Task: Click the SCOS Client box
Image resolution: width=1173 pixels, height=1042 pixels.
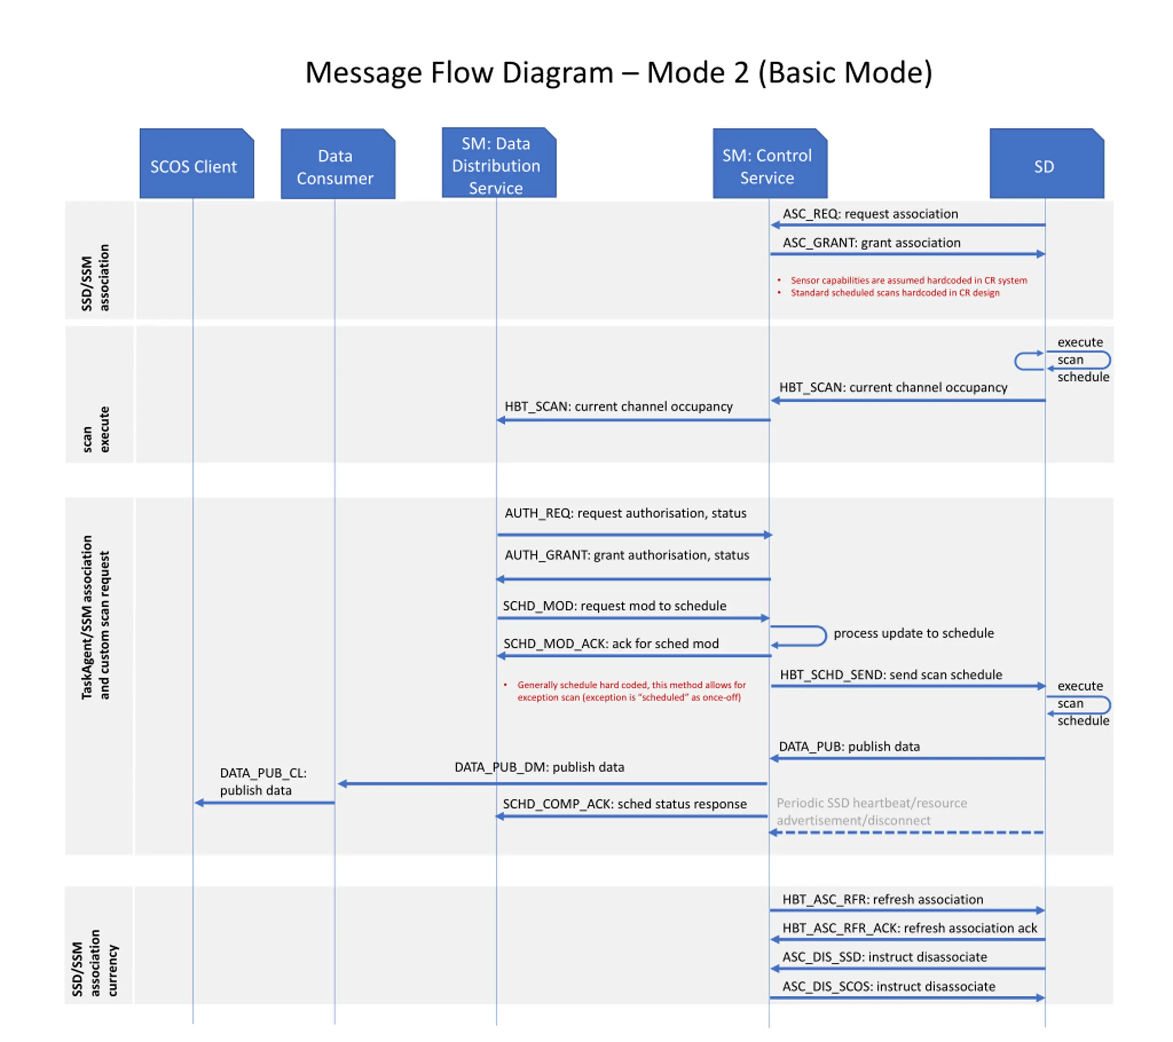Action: tap(197, 164)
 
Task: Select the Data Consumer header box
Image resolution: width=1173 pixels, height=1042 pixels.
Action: tap(338, 164)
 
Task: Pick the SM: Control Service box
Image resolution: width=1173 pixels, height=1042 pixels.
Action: tap(770, 164)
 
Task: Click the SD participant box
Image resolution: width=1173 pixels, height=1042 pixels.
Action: tap(1047, 164)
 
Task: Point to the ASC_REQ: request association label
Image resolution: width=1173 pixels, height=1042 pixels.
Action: tap(871, 214)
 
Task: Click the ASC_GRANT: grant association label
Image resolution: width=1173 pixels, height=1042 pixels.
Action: tap(872, 243)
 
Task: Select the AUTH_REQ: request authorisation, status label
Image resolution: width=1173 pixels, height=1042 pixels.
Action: tap(625, 513)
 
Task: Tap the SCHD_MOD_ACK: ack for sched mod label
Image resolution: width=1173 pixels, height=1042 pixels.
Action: tap(611, 644)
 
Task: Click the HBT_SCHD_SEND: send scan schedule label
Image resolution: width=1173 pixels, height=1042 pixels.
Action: tap(891, 675)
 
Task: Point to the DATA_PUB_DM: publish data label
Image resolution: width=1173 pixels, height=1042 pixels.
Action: tap(539, 767)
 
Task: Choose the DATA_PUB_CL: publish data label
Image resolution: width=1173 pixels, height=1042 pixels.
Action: tap(263, 781)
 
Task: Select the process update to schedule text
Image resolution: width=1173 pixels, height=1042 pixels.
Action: tap(914, 633)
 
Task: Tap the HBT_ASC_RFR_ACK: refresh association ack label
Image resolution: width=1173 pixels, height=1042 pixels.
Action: tap(910, 928)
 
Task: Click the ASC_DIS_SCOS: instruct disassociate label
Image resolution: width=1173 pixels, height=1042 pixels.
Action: tap(889, 986)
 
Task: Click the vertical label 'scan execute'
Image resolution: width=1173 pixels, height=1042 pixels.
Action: tap(96, 430)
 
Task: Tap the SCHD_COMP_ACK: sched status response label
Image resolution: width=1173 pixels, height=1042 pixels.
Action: tap(625, 804)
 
